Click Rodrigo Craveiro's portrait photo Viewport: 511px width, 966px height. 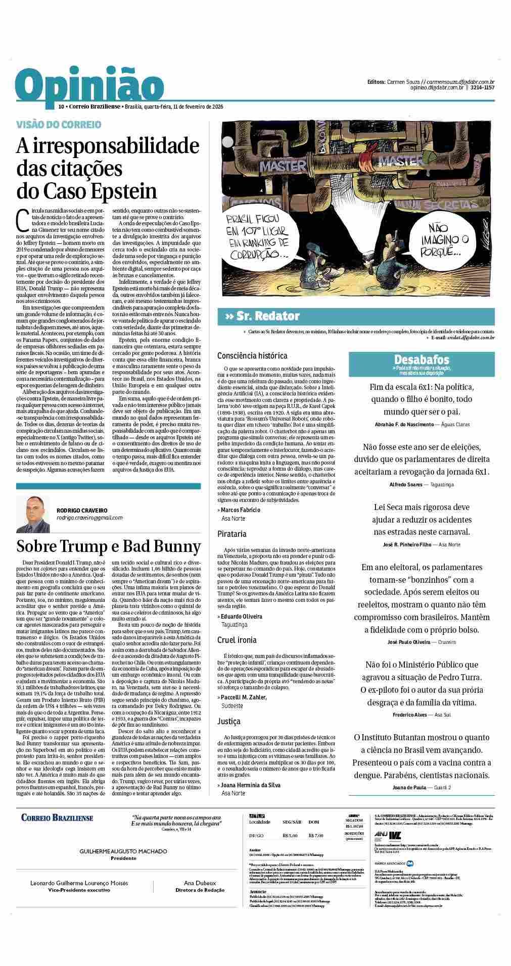tap(33, 514)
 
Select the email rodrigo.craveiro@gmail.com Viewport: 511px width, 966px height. tap(89, 518)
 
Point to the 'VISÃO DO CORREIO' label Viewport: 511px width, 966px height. tap(59, 124)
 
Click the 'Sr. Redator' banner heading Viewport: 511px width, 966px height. tap(262, 316)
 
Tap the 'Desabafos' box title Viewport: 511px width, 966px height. tap(421, 360)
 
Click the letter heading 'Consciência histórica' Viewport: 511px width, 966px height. tap(252, 355)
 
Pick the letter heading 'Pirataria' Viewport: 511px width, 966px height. tap(232, 533)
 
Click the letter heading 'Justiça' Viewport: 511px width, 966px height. tap(229, 721)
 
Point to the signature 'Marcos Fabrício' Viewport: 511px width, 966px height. tap(240, 510)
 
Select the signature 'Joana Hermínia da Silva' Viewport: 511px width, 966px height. tap(250, 785)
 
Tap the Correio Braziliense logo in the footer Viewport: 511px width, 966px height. tap(57, 818)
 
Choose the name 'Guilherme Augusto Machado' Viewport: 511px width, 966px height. tap(123, 851)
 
